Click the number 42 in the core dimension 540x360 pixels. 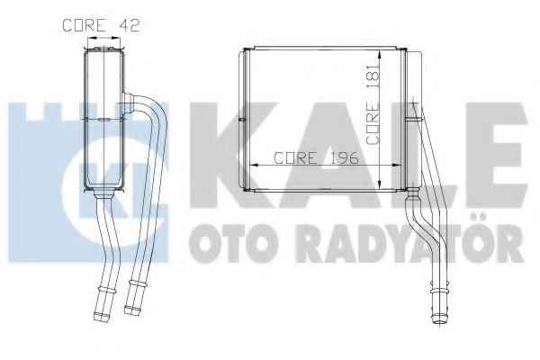pyautogui.click(x=130, y=25)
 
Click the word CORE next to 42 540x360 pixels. pyautogui.click(x=85, y=25)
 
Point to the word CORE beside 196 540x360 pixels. pyautogui.click(x=296, y=158)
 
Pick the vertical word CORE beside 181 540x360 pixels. pyautogui.click(x=373, y=123)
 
